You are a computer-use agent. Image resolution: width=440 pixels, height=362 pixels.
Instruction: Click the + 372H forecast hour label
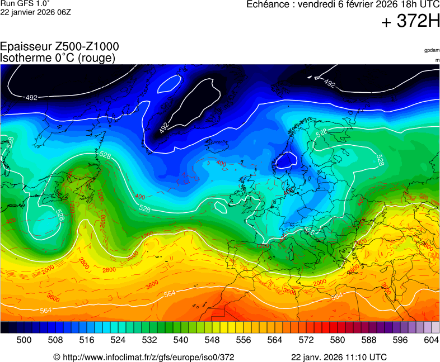410,22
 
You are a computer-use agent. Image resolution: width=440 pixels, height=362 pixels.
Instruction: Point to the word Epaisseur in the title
23,47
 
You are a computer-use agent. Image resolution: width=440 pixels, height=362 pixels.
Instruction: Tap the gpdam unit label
432,50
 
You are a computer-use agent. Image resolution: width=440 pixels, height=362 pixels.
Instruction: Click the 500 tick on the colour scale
24,340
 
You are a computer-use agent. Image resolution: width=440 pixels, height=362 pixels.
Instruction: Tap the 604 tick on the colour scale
431,340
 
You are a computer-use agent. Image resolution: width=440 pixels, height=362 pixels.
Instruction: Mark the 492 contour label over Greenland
164,127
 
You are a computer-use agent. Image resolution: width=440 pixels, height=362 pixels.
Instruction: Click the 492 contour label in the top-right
329,84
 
